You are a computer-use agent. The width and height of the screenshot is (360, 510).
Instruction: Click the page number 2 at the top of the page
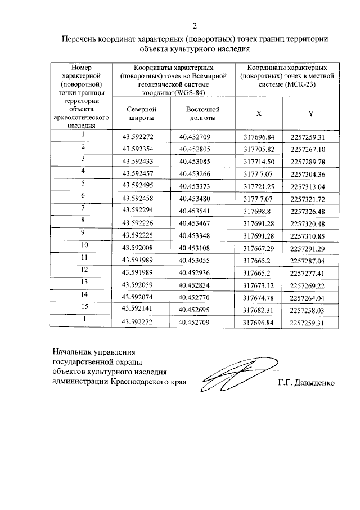click(195, 26)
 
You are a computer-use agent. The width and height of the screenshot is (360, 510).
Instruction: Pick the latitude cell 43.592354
click(138, 149)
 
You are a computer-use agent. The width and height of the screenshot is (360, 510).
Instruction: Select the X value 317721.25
click(258, 186)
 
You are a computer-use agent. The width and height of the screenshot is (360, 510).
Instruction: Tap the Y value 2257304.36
click(308, 174)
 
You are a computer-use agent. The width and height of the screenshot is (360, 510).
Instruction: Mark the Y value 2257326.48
click(308, 211)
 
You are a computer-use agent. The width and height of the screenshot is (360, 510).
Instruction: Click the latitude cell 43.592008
click(138, 248)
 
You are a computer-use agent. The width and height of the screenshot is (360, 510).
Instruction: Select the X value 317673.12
click(258, 285)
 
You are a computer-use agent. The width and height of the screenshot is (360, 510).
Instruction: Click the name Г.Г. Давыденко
click(306, 384)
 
